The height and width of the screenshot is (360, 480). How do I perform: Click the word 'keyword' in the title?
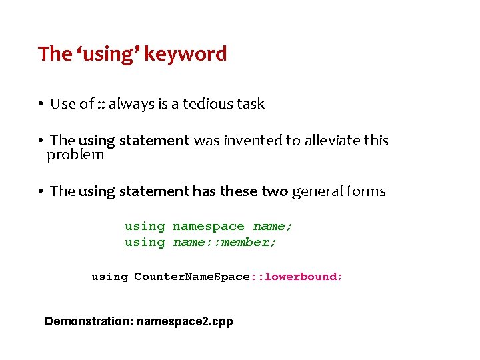(x=185, y=54)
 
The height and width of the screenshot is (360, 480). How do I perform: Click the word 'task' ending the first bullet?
(x=251, y=104)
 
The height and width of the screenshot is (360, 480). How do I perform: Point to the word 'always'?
(x=131, y=104)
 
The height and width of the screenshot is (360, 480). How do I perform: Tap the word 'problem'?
(x=75, y=155)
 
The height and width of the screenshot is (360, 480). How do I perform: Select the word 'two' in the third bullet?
(x=275, y=191)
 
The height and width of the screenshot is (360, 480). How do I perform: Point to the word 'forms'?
(x=366, y=191)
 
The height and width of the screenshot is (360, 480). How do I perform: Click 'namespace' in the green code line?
(x=209, y=227)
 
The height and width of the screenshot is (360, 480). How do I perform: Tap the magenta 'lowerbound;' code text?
(x=304, y=277)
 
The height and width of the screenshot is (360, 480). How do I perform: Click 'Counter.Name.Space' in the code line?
(x=191, y=277)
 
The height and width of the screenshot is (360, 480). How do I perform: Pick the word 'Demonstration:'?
(x=89, y=321)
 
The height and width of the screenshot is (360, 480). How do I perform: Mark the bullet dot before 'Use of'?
(x=41, y=105)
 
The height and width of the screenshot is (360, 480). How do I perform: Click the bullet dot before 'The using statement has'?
(x=41, y=192)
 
